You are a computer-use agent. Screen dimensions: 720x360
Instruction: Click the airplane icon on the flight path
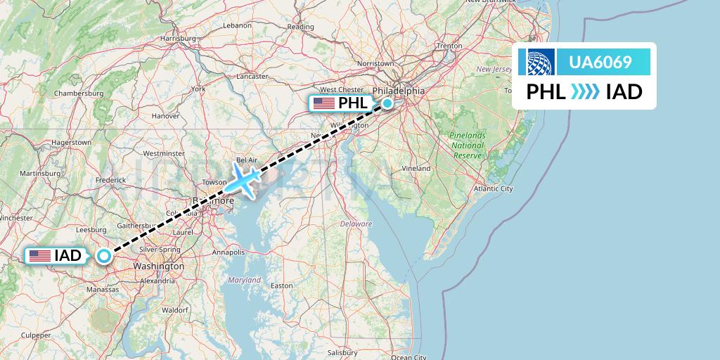click(243, 180)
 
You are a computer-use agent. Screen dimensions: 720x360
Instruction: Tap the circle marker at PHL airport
click(387, 104)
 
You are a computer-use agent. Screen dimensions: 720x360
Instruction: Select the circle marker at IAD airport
click(104, 256)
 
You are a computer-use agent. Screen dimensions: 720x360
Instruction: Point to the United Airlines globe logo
click(536, 63)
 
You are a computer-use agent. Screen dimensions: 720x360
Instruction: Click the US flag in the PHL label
click(324, 104)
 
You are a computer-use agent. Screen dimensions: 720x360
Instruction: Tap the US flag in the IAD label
click(40, 256)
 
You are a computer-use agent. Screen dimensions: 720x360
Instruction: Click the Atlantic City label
click(493, 188)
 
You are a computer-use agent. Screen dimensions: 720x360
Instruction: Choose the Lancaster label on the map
click(253, 76)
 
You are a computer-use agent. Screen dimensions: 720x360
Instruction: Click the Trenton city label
click(449, 46)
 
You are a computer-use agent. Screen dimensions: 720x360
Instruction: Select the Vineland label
click(416, 169)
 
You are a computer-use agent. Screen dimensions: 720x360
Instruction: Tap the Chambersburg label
click(79, 93)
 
